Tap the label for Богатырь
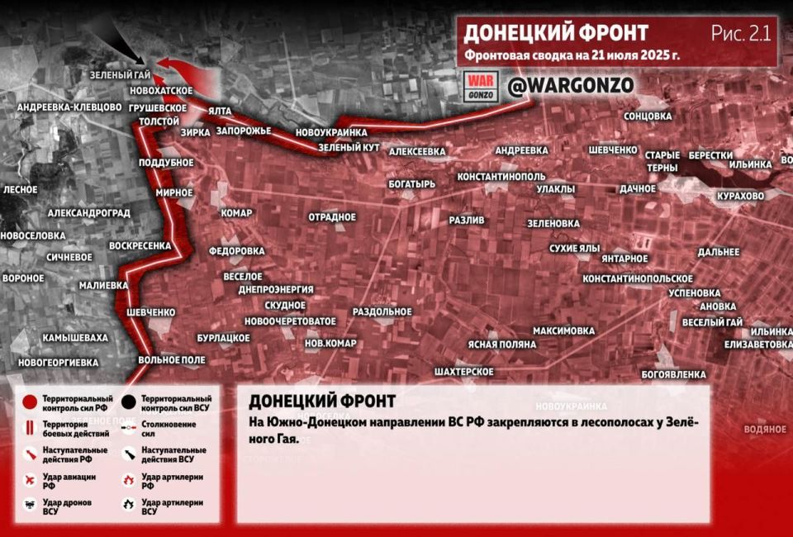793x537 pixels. pos(411,184)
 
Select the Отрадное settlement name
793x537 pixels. pos(332,217)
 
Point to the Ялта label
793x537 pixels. pos(220,111)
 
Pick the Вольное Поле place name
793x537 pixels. pos(171,360)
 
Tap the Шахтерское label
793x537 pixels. pos(463,372)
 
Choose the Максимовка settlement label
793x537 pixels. pos(563,331)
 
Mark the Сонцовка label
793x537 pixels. pos(648,116)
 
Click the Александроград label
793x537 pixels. pos(89,213)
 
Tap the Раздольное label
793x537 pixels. pos(382,311)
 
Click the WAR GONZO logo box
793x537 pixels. pos(481,86)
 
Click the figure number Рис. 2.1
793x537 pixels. pos(739,34)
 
